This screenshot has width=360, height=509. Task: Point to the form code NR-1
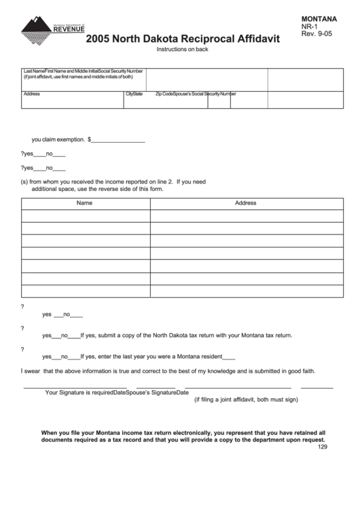tap(311, 29)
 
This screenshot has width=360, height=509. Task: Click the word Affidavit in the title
tap(255, 40)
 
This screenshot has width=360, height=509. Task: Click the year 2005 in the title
tap(99, 40)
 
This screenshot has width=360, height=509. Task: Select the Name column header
tap(84, 203)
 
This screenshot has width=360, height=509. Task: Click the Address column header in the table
tap(245, 203)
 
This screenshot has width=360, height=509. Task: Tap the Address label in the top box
tap(32, 94)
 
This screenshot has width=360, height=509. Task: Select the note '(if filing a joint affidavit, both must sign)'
tap(247, 400)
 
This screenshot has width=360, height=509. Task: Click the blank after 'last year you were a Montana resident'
tap(229, 357)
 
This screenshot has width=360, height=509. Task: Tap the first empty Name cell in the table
tap(85, 216)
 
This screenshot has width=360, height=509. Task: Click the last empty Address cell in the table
tap(245, 291)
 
